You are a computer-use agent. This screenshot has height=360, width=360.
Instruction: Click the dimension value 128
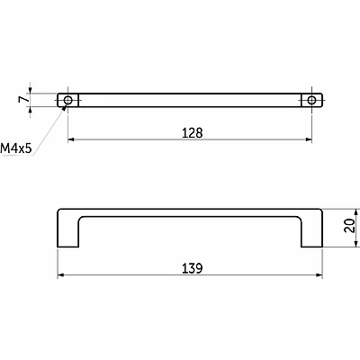click(x=193, y=133)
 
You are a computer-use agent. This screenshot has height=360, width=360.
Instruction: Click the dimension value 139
click(x=193, y=268)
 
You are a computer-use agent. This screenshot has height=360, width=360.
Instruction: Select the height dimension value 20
click(x=349, y=225)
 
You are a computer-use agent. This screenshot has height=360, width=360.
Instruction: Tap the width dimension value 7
click(x=22, y=100)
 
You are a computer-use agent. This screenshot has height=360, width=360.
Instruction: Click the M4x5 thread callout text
click(x=16, y=148)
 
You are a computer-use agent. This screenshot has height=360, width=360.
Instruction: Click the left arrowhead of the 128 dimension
click(x=71, y=139)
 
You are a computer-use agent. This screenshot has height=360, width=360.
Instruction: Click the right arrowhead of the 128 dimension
click(x=309, y=139)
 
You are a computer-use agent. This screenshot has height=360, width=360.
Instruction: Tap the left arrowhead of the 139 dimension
click(x=60, y=274)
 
